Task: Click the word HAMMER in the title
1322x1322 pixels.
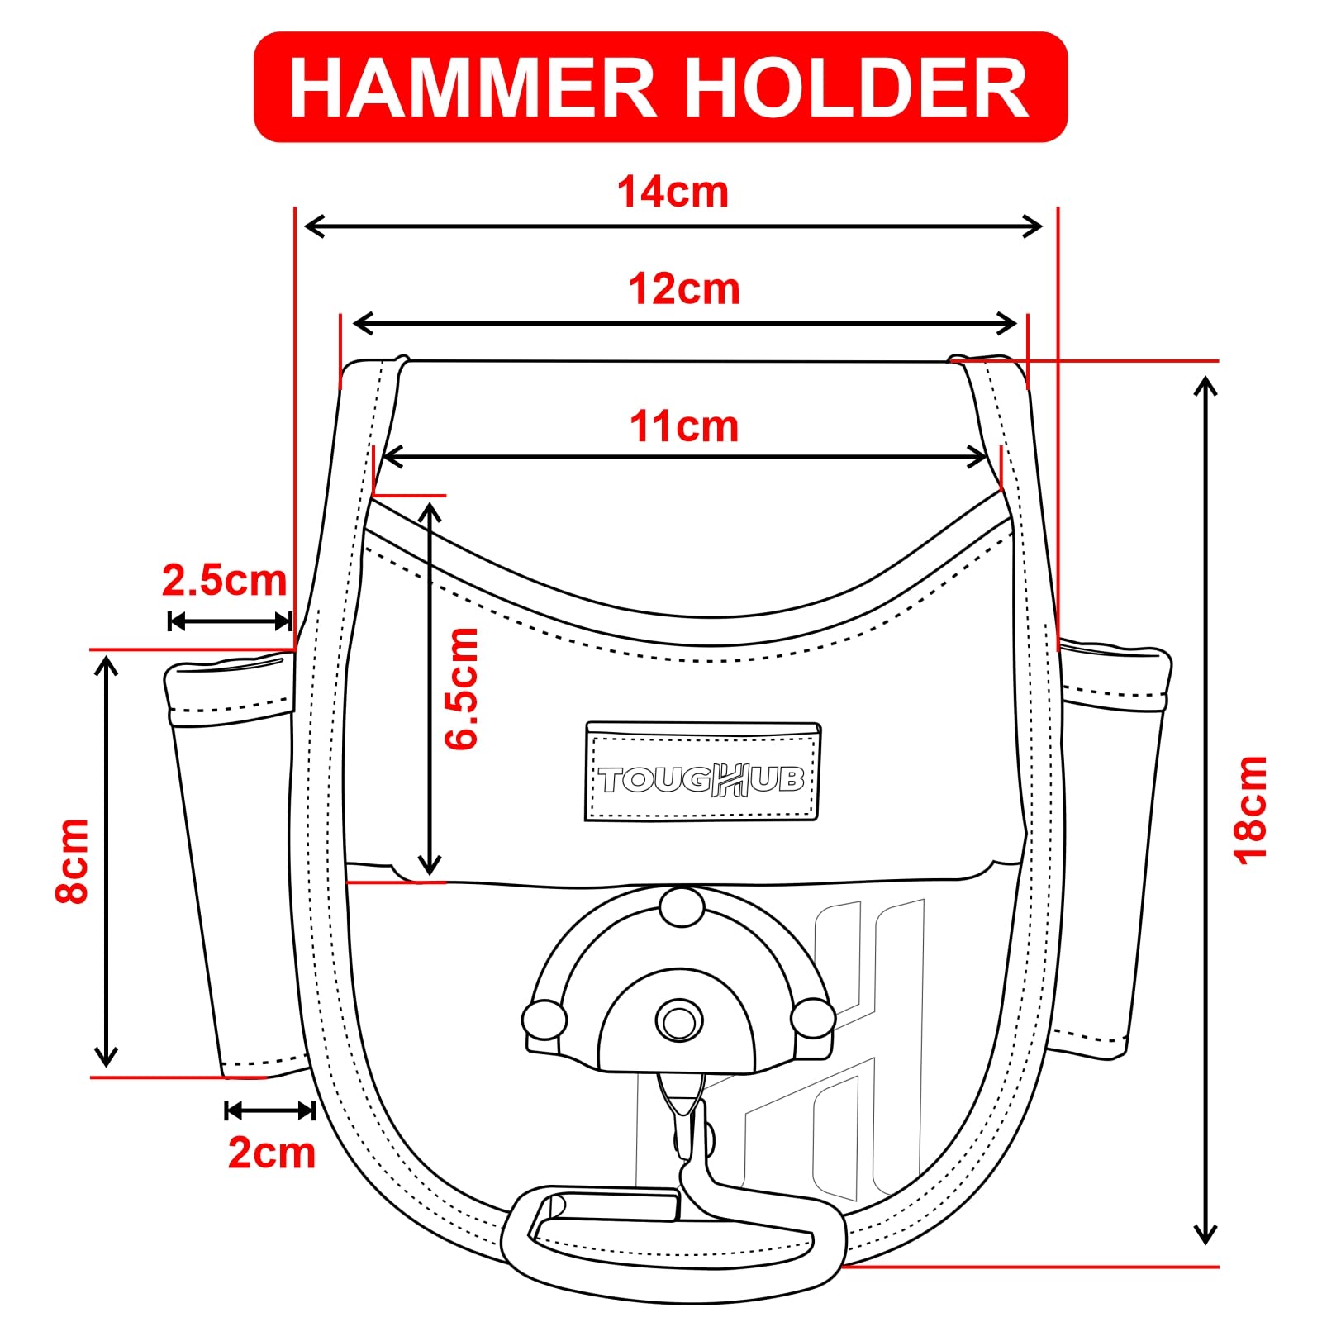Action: pos(473,88)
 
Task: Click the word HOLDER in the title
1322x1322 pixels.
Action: pos(857,88)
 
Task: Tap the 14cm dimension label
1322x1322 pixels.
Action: pos(673,192)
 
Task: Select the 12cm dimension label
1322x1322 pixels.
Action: pos(684,289)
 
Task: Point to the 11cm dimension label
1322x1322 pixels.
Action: pos(684,426)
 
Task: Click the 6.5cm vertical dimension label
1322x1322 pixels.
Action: pos(461,688)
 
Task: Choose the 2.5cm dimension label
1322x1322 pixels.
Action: pos(224,580)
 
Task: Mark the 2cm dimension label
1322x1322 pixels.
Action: pos(272,1152)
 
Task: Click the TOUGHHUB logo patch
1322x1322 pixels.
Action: pos(702,771)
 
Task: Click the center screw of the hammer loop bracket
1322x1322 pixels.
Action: pos(679,1021)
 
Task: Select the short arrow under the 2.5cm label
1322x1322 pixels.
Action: pos(230,621)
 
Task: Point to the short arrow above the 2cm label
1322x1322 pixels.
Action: pos(270,1110)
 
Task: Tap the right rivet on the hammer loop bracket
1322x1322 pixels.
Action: pos(813,1018)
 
